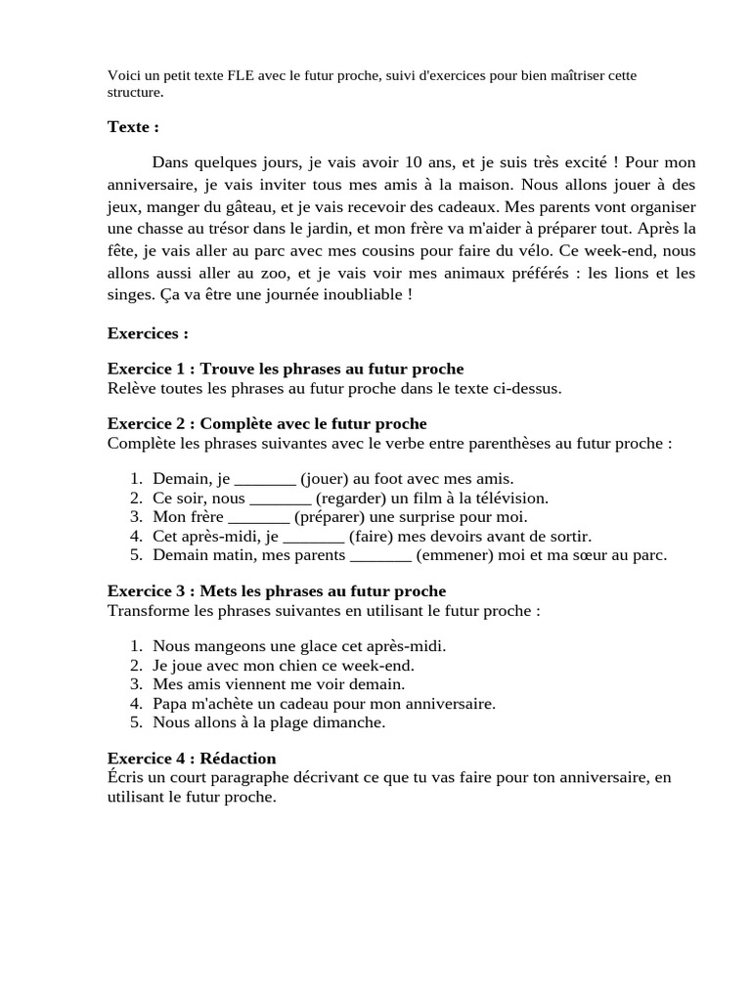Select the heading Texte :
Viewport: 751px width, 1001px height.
tap(133, 126)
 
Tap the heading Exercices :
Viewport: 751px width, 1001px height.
tap(148, 333)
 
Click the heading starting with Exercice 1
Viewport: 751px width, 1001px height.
tap(285, 369)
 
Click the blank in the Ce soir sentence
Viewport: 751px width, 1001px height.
tap(281, 498)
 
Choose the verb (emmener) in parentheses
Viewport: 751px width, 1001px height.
tap(453, 555)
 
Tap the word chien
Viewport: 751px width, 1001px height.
tap(294, 665)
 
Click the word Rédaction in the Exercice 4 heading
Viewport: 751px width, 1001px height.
tap(238, 759)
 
